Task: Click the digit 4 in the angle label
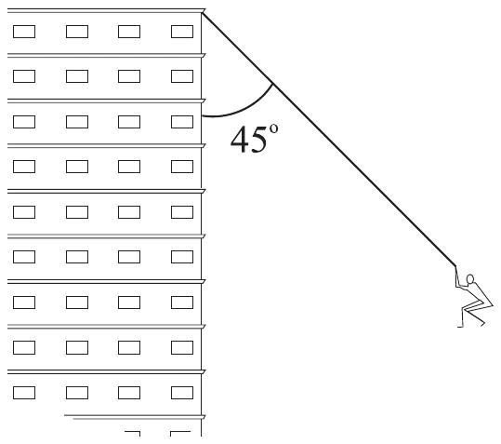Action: (240, 139)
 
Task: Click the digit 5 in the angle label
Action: (258, 140)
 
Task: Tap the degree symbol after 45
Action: (273, 128)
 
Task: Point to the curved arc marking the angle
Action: (246, 109)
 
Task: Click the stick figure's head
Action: (470, 279)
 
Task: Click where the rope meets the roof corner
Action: (202, 13)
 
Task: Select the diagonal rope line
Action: (329, 139)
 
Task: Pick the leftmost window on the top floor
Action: (24, 32)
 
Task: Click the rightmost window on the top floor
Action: (182, 32)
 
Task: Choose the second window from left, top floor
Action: (77, 32)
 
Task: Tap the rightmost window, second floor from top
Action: (182, 76)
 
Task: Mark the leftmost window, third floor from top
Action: (24, 122)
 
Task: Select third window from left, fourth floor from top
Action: (129, 167)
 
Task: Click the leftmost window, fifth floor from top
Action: (24, 212)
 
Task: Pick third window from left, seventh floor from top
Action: (129, 303)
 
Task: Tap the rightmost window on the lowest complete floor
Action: (182, 393)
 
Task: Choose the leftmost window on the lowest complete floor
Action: (24, 393)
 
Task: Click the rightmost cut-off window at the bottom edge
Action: (180, 434)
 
